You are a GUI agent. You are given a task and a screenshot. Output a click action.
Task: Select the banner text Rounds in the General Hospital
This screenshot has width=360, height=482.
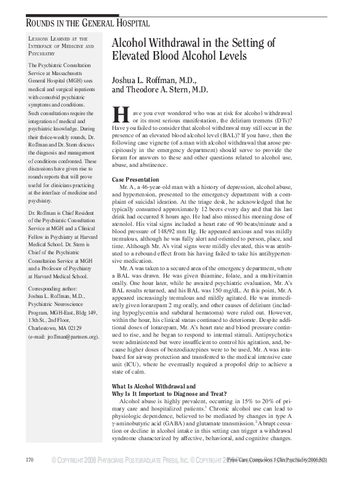87,23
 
